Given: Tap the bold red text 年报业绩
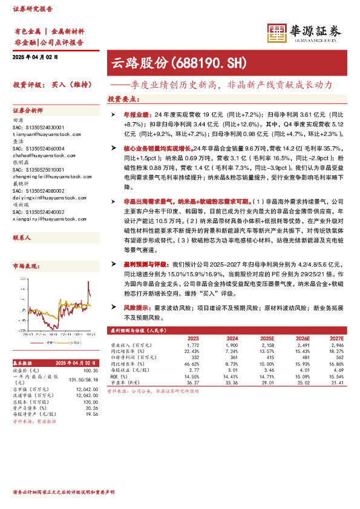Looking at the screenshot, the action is pyautogui.click(x=137, y=113).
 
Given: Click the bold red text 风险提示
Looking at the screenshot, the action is pyautogui.click(x=137, y=308).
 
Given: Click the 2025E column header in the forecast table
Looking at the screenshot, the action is pyautogui.click(x=267, y=338).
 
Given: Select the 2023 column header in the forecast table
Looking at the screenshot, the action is pyautogui.click(x=193, y=338).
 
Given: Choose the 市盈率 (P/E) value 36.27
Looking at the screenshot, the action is pyautogui.click(x=193, y=383).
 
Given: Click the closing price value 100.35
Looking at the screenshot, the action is pyautogui.click(x=90, y=370).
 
